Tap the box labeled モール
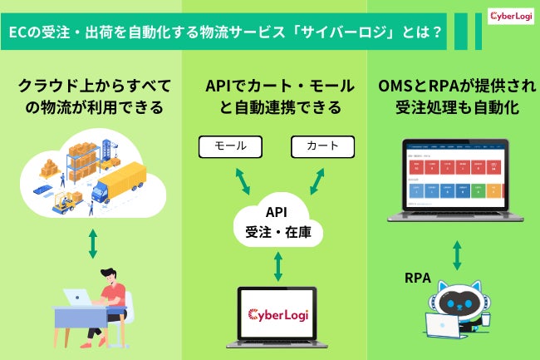coord(230,146)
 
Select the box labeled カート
coord(322,146)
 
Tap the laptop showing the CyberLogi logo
coord(277,315)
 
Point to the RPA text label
coord(417,278)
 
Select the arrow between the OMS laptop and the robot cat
coord(455,255)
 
